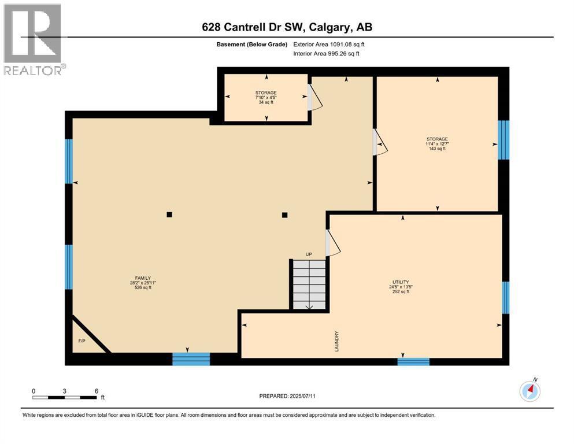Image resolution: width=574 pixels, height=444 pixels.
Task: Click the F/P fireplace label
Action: tap(82, 341)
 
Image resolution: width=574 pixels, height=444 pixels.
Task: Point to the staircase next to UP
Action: tap(309, 284)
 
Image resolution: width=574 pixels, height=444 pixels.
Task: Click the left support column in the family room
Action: tap(169, 214)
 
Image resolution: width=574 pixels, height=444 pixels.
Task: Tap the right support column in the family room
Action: tap(284, 214)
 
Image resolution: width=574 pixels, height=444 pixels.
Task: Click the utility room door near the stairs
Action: tap(332, 243)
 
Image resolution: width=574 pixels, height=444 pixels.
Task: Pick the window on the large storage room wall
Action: tap(503, 140)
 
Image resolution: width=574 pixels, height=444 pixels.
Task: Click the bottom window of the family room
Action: tap(191, 359)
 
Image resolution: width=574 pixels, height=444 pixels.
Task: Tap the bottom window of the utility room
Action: tap(413, 361)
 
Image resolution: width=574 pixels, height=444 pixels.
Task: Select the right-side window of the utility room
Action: tap(505, 297)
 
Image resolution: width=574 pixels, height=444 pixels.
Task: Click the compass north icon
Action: tap(530, 391)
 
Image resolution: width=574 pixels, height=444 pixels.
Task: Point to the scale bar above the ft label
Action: tap(65, 397)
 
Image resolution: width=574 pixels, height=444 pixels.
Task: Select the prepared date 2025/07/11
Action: tap(288, 396)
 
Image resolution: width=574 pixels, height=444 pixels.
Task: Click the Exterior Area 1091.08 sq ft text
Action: tap(329, 44)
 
